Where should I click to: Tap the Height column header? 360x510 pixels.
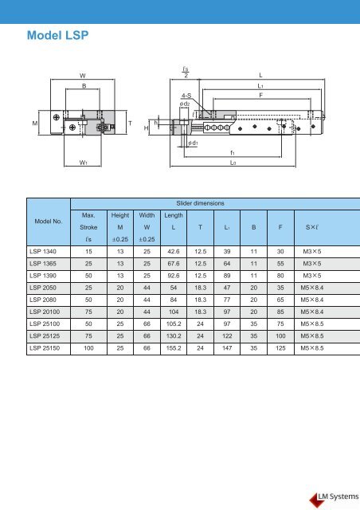click(117, 215)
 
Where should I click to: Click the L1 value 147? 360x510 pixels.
click(227, 348)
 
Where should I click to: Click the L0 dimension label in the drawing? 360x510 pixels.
click(233, 162)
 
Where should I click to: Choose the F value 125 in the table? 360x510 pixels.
click(280, 348)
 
